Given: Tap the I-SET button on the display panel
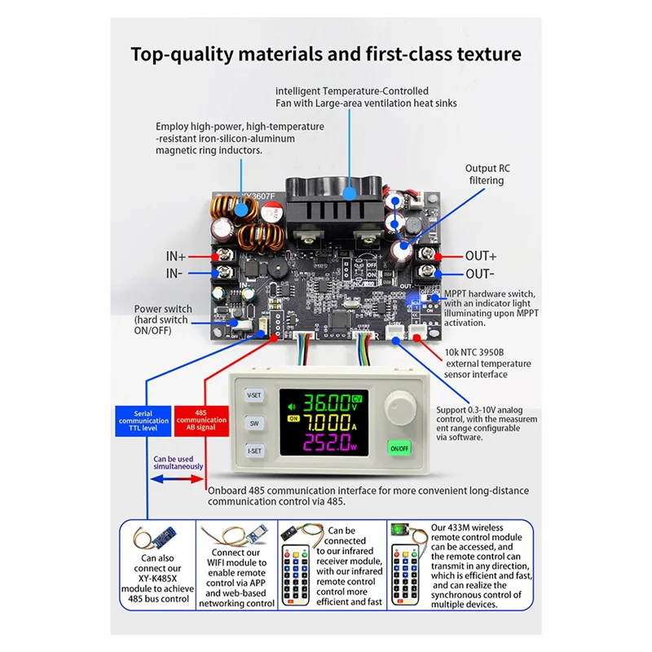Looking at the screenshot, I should (255, 451).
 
